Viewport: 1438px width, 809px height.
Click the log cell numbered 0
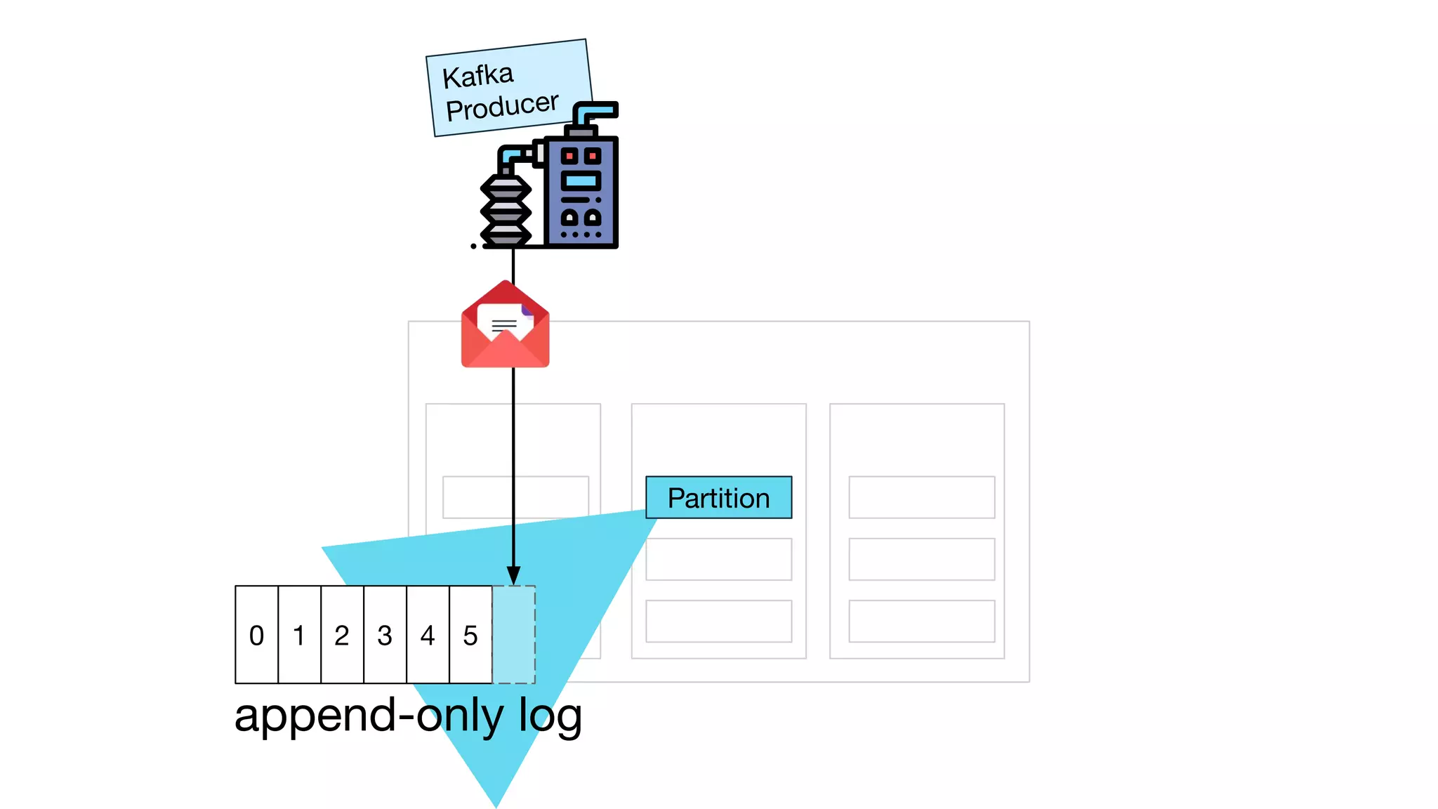pos(256,635)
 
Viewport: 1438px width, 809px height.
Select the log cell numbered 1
pos(299,635)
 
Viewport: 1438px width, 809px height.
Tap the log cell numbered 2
pos(342,635)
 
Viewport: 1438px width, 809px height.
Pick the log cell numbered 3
pos(385,635)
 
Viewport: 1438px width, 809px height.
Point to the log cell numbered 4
pos(428,635)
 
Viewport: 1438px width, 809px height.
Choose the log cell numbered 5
pos(470,635)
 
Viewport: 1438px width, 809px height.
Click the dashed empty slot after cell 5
pos(514,635)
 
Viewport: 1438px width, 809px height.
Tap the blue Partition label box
pos(718,498)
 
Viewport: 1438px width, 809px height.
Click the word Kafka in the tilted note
pos(478,76)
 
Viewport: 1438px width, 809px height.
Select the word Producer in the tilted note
pos(502,107)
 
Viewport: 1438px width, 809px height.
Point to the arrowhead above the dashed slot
pos(513,575)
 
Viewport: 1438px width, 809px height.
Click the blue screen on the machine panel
pos(581,181)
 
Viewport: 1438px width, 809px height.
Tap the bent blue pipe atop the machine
pos(594,111)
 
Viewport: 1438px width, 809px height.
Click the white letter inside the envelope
pos(503,322)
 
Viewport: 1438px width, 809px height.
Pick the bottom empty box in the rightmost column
pos(921,621)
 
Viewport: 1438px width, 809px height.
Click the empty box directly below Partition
pos(718,559)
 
